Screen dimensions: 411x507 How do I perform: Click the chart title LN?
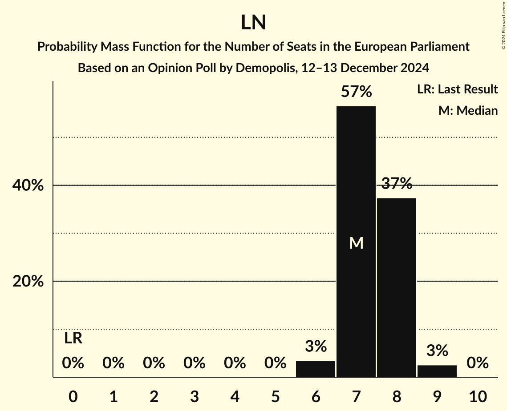(x=253, y=23)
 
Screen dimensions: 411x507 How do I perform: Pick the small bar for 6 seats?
(x=316, y=369)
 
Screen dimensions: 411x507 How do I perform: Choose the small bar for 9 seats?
(x=437, y=371)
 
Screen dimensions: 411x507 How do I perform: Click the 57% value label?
(x=356, y=92)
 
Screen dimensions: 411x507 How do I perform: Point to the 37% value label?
(x=397, y=183)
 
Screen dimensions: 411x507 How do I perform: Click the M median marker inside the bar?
(x=356, y=243)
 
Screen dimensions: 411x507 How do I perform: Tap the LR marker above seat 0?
(x=73, y=338)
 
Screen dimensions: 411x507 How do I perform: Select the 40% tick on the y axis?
(x=28, y=185)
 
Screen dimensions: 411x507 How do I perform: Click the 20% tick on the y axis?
(x=28, y=282)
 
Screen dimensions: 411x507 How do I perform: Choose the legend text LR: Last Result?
(x=457, y=89)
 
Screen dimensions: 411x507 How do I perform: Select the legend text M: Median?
(x=468, y=110)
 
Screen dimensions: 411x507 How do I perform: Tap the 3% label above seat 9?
(x=437, y=351)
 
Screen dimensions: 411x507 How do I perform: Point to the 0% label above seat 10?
(x=478, y=363)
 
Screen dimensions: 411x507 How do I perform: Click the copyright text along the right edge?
(x=503, y=24)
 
